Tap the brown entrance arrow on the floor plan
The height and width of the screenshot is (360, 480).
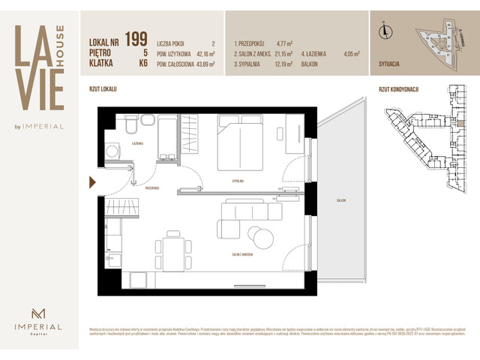(x=92, y=181)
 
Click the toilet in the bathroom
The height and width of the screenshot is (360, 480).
(x=130, y=124)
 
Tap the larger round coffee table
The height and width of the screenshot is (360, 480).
(x=264, y=238)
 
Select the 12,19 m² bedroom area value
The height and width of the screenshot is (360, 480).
(x=281, y=64)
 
